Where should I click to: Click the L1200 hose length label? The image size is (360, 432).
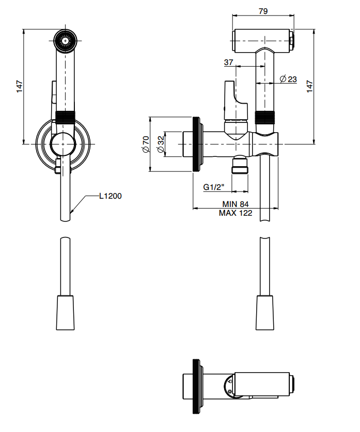coord(111,196)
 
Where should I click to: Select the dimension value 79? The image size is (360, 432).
coord(263,10)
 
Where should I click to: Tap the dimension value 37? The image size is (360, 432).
coord(229,62)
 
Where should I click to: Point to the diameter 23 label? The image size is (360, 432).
coord(288,79)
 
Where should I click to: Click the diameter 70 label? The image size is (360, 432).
coord(146,145)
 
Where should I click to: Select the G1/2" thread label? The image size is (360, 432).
coord(214,187)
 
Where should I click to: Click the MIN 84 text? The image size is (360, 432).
coord(236,204)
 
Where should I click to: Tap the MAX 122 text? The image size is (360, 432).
coord(236,213)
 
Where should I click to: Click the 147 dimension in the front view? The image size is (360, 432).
coord(20,86)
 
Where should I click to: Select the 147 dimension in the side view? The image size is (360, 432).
coord(309,86)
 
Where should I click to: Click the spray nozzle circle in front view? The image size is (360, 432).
coord(66,40)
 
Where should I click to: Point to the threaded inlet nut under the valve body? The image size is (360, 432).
coord(240,166)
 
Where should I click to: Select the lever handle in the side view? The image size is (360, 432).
coord(230,98)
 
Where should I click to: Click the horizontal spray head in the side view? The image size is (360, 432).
coord(263,40)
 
